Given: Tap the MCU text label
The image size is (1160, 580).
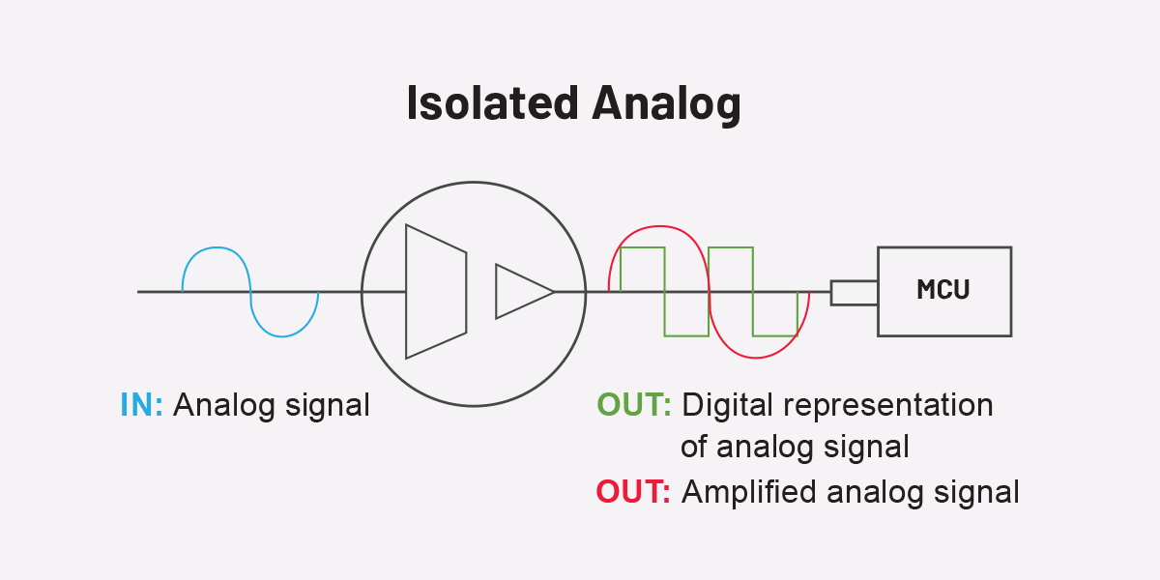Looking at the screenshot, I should point(942,290).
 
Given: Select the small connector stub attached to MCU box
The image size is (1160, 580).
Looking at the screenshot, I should point(854,292).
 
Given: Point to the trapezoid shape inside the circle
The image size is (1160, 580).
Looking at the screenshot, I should point(436,291).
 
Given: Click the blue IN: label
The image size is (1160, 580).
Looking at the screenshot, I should point(142,405).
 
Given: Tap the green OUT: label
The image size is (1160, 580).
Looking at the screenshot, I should point(634,405).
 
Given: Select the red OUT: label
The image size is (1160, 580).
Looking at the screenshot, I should point(633,492).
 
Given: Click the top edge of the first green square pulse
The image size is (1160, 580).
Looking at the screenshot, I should point(643,247).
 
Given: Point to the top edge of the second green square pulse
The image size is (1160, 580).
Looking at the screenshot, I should point(731,247).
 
